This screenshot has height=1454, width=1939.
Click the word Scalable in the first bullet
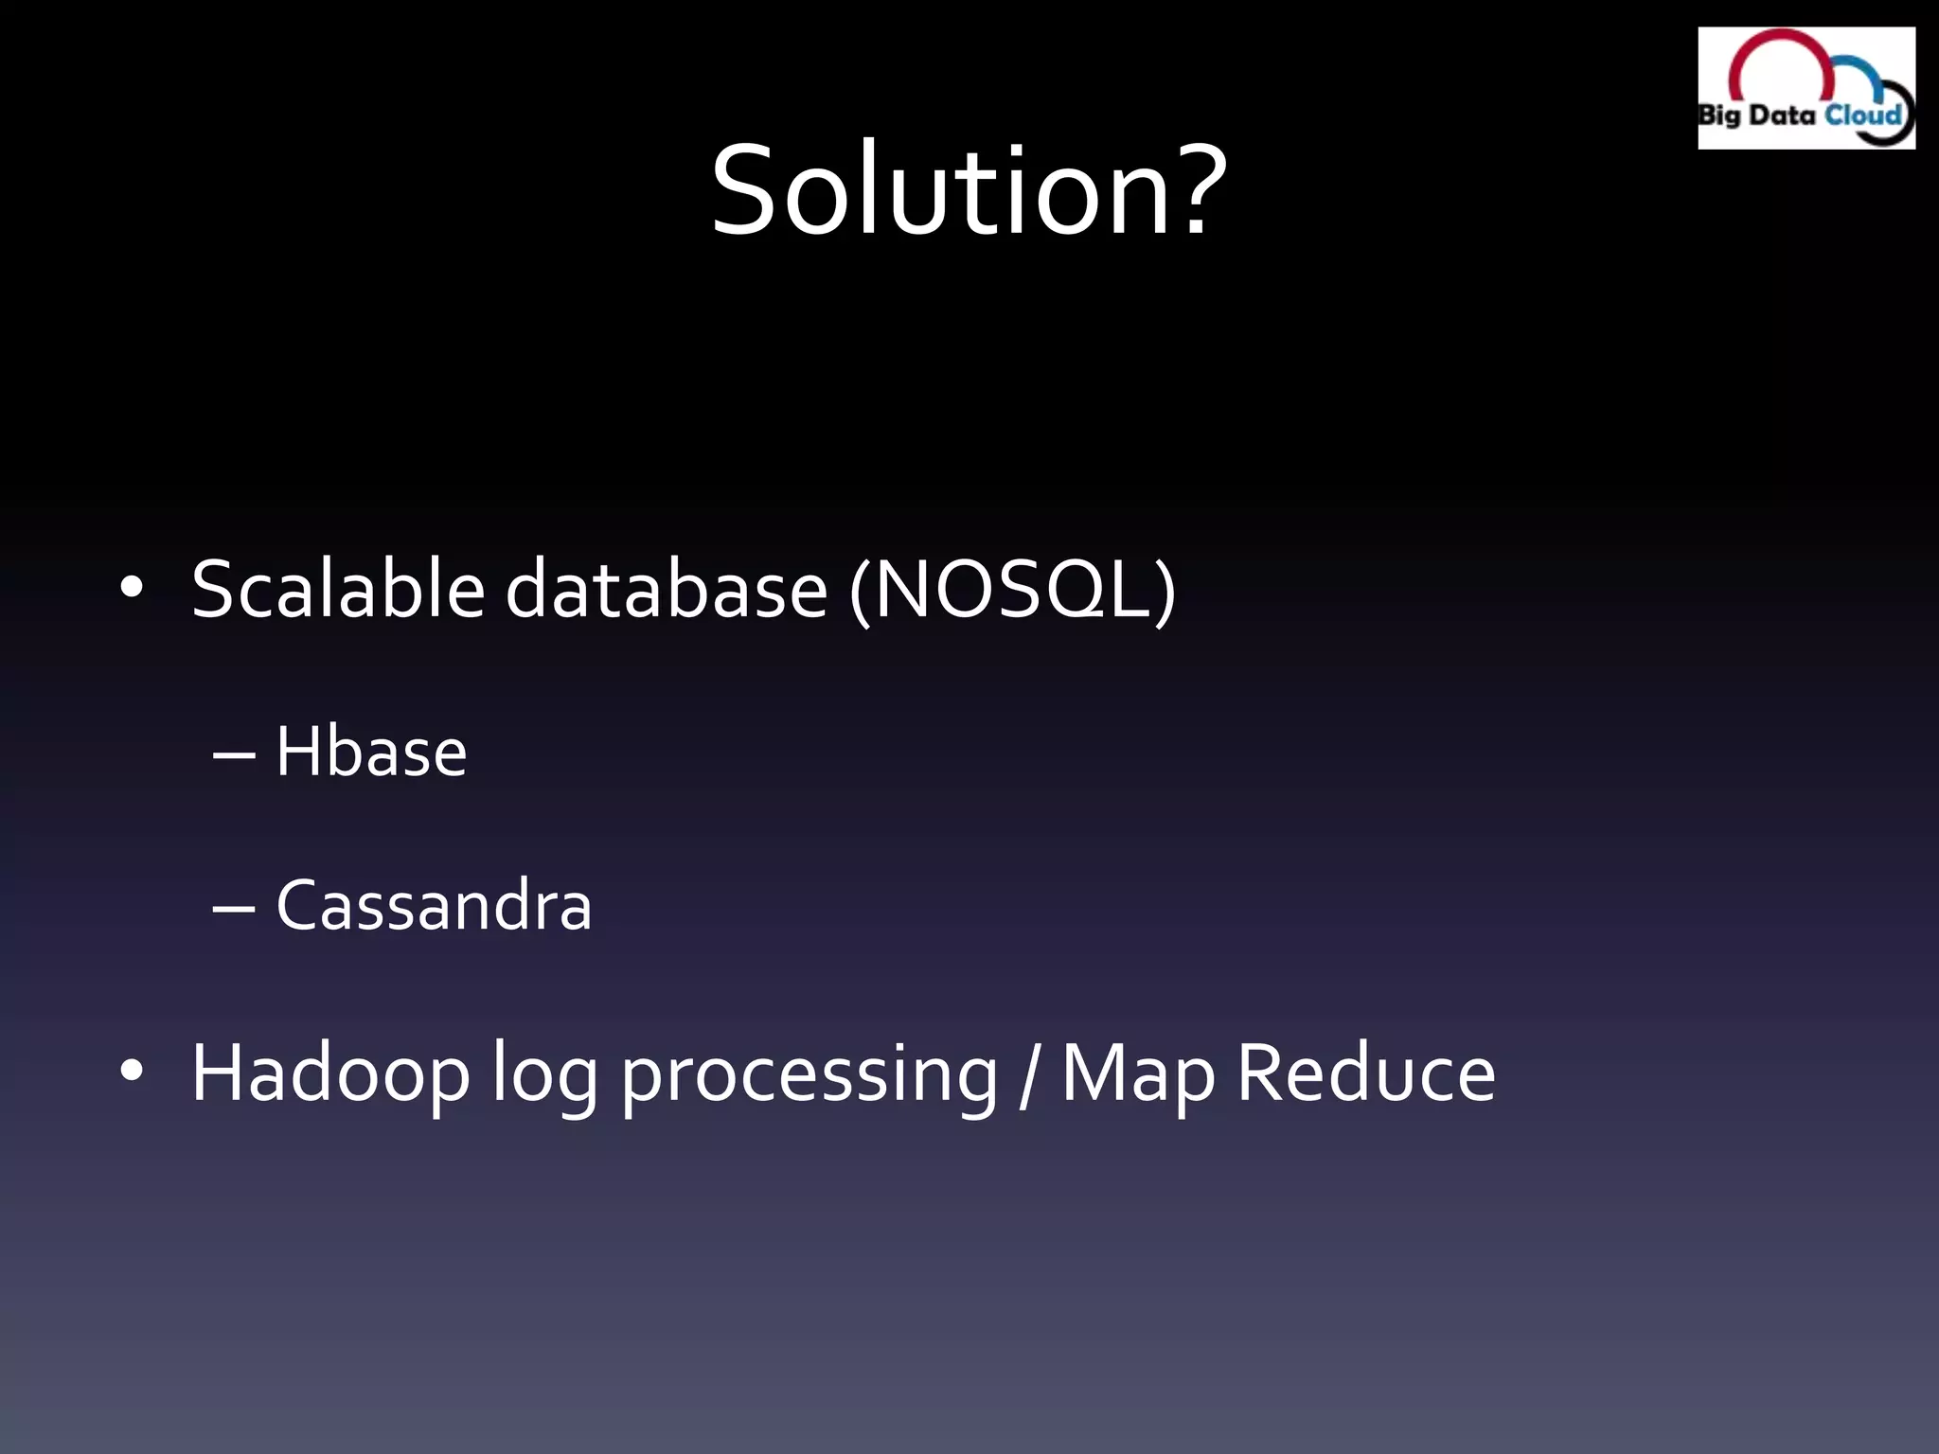pyautogui.click(x=338, y=589)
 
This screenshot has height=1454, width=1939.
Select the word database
pyautogui.click(x=667, y=589)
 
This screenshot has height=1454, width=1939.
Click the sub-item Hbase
pyautogui.click(x=371, y=752)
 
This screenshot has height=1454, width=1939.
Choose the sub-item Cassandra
pyautogui.click(x=434, y=905)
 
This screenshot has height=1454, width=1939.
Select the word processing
pyautogui.click(x=809, y=1079)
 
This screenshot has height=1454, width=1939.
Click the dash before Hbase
pyautogui.click(x=234, y=755)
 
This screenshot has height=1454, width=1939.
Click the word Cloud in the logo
pyautogui.click(x=1863, y=115)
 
